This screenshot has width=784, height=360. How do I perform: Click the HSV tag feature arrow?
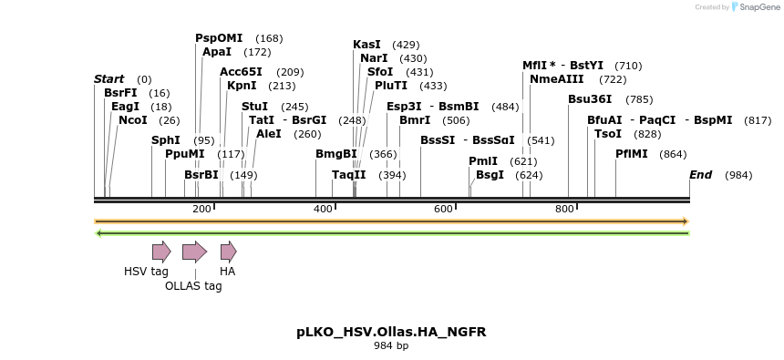click(161, 252)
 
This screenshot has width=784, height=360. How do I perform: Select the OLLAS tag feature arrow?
click(194, 252)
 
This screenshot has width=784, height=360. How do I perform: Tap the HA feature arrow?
click(228, 252)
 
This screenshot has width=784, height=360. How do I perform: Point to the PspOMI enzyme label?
click(219, 38)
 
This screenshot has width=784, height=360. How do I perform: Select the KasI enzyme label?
click(366, 45)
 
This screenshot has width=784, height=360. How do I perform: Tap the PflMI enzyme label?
click(632, 154)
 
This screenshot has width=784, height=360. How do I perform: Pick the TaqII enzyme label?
click(349, 175)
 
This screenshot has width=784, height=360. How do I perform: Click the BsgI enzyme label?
click(490, 175)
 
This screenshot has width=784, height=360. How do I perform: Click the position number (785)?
click(639, 99)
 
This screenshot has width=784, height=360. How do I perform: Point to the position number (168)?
click(269, 38)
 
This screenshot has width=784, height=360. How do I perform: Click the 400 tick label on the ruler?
click(324, 210)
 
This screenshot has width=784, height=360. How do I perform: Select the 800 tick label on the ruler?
click(564, 210)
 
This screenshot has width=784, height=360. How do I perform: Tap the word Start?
click(109, 79)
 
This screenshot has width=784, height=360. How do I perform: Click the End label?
click(700, 175)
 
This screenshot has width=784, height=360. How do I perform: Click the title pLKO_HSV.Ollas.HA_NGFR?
click(391, 332)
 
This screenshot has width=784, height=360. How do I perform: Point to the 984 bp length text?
click(391, 346)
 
